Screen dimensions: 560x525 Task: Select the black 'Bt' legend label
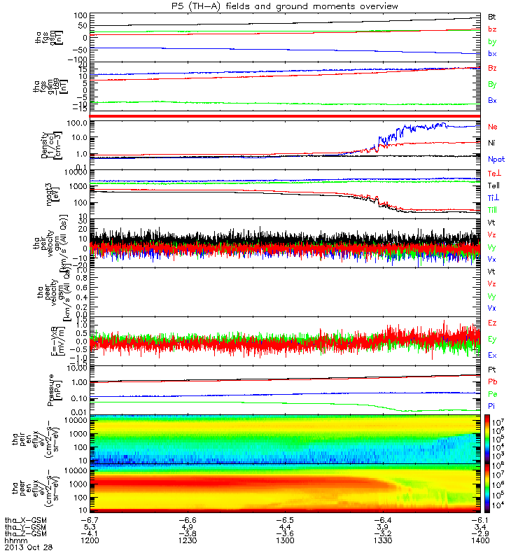click(492, 15)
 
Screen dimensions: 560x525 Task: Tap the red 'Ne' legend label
click(492, 127)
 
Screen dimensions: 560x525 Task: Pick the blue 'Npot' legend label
click(496, 159)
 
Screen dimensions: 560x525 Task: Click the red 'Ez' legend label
click(492, 324)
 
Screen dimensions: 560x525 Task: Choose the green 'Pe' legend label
click(492, 395)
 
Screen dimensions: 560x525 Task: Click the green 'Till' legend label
click(493, 210)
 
